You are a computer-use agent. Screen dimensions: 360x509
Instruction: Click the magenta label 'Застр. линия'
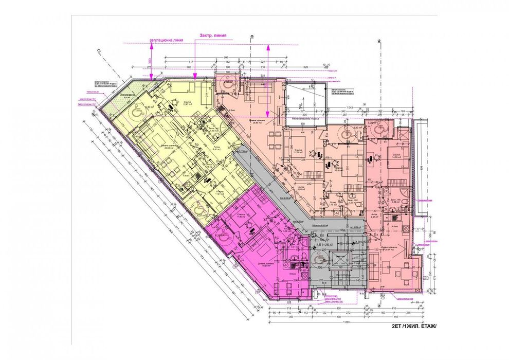pos(212,36)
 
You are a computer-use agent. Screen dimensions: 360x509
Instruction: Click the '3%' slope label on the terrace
pos(300,106)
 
